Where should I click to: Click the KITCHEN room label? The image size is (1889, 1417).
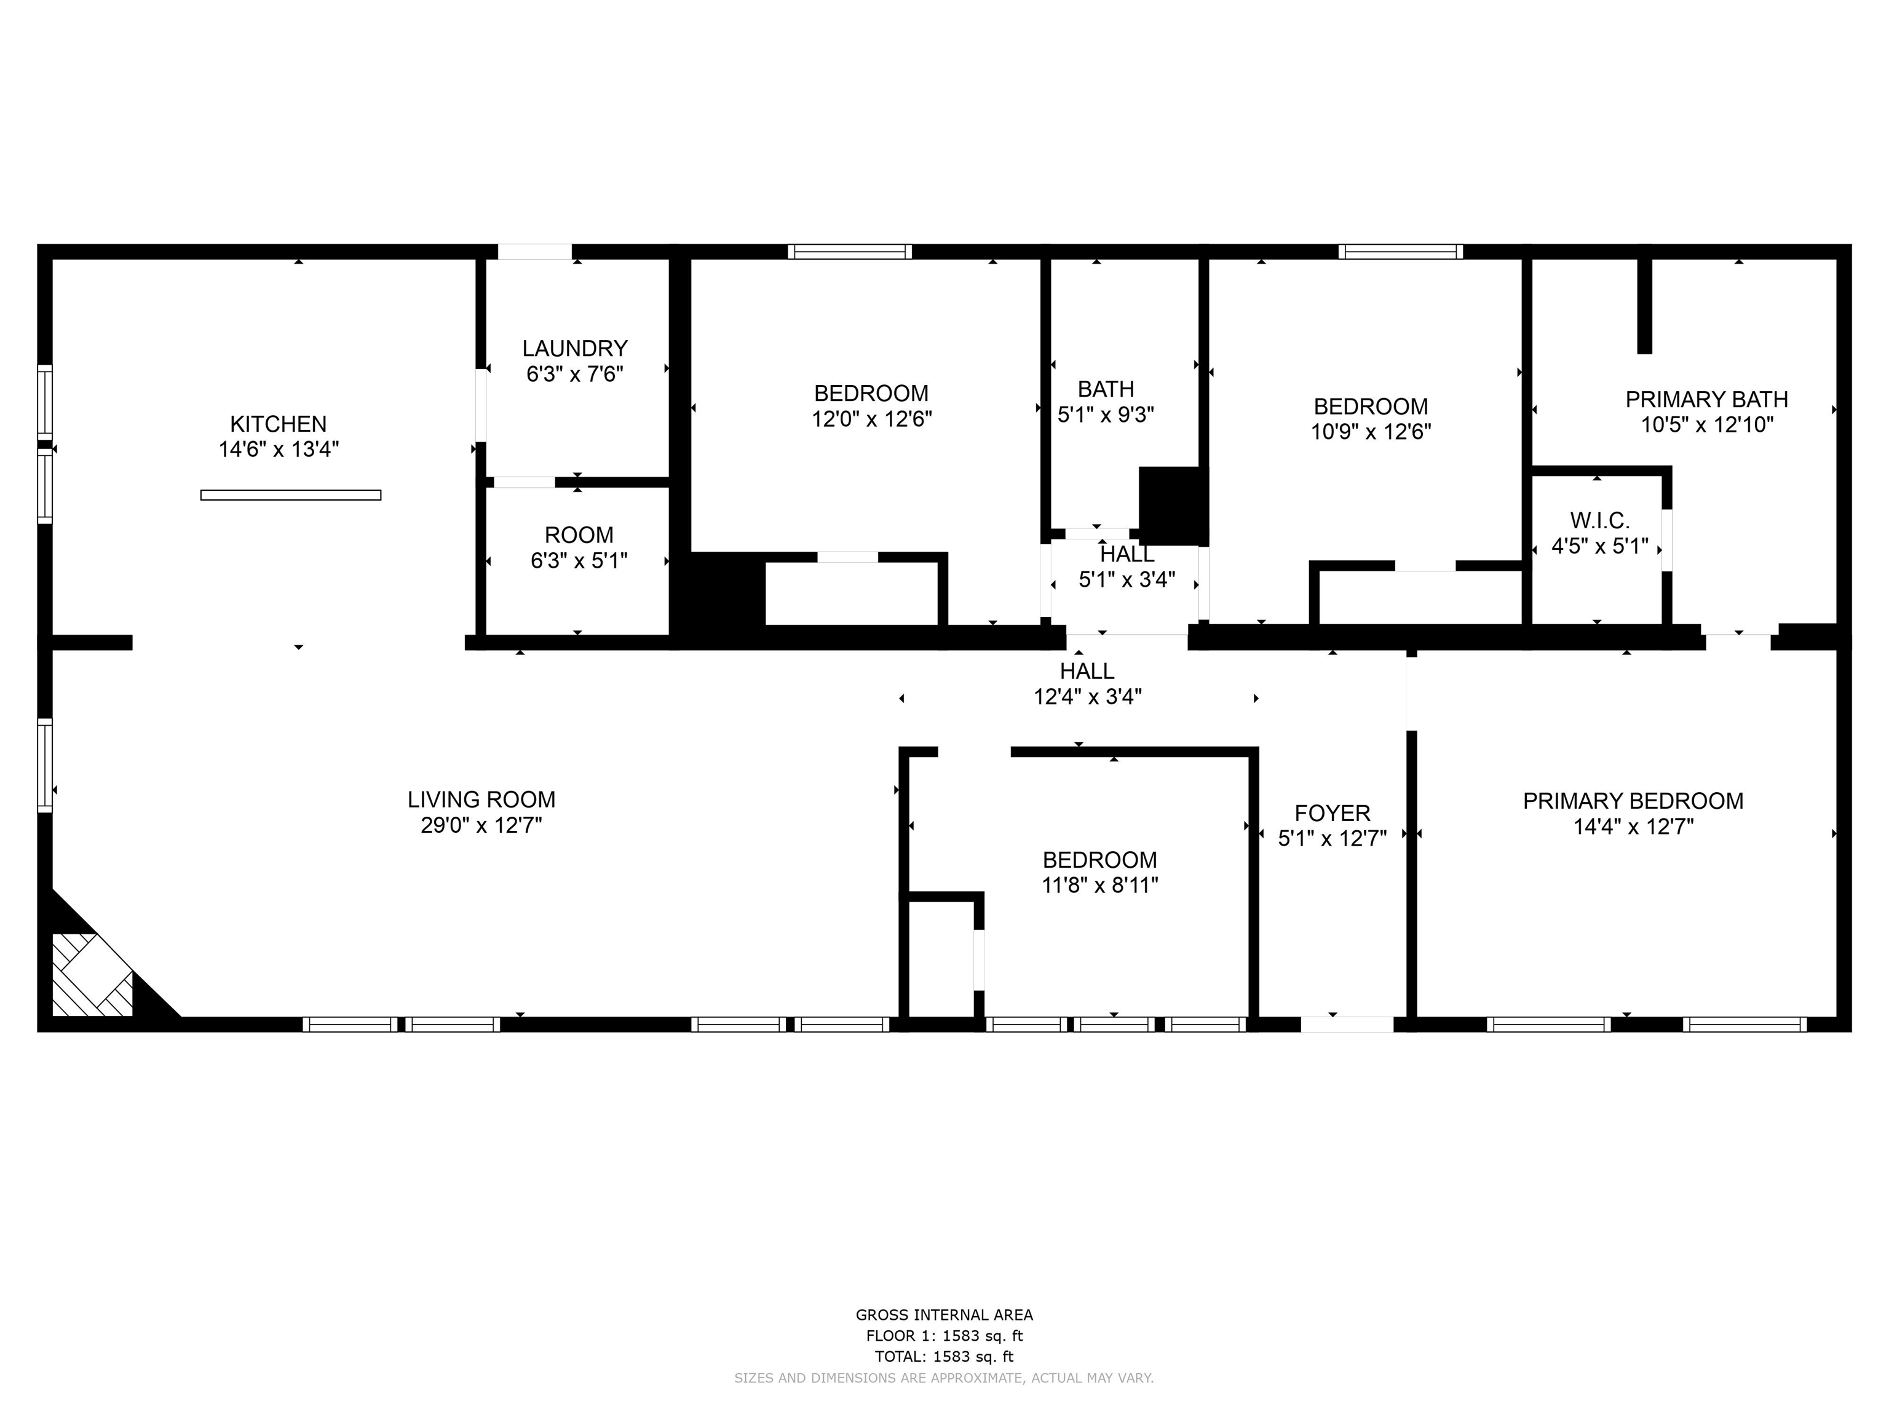click(279, 424)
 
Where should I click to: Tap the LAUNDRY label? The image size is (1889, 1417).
click(575, 349)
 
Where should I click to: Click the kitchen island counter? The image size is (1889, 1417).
click(290, 495)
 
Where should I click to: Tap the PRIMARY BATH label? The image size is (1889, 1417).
click(1706, 399)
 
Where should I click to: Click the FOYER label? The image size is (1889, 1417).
click(1333, 813)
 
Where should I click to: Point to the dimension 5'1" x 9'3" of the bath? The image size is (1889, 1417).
click(1106, 415)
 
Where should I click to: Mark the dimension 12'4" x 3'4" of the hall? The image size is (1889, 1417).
click(1087, 697)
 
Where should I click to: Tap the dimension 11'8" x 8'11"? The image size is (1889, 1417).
click(1100, 885)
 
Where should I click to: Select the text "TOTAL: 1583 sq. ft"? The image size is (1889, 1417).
click(944, 1356)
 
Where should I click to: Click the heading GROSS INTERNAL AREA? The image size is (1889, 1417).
click(944, 1316)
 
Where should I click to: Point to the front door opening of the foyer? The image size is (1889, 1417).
click(1347, 1024)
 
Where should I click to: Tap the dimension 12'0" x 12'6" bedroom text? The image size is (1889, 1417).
click(871, 419)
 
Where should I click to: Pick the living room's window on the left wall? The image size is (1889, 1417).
click(44, 765)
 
